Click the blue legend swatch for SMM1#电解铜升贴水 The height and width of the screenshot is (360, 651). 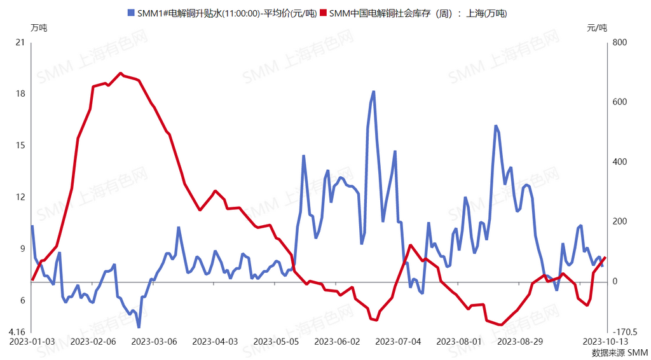click(x=132, y=13)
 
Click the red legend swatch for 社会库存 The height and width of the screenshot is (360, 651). click(x=324, y=13)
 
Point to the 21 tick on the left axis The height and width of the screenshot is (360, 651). click(x=20, y=43)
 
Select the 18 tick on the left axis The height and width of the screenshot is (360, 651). click(x=20, y=94)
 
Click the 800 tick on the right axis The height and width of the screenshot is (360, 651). click(x=619, y=43)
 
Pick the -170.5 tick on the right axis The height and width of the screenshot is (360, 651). click(x=624, y=332)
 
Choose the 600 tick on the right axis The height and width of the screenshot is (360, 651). click(x=619, y=102)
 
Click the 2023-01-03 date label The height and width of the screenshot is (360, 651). click(x=32, y=342)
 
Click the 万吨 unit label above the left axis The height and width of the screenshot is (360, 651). click(x=38, y=27)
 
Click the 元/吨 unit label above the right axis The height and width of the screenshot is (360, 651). click(x=597, y=27)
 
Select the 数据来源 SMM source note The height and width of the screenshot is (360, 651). click(x=619, y=352)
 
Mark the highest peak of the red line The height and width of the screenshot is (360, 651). click(x=121, y=74)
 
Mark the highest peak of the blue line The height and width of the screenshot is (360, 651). click(x=373, y=92)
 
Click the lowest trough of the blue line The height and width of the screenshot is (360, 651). click(x=139, y=327)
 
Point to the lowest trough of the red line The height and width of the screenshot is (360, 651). click(x=501, y=324)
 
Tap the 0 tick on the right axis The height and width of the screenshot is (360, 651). click(x=614, y=281)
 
